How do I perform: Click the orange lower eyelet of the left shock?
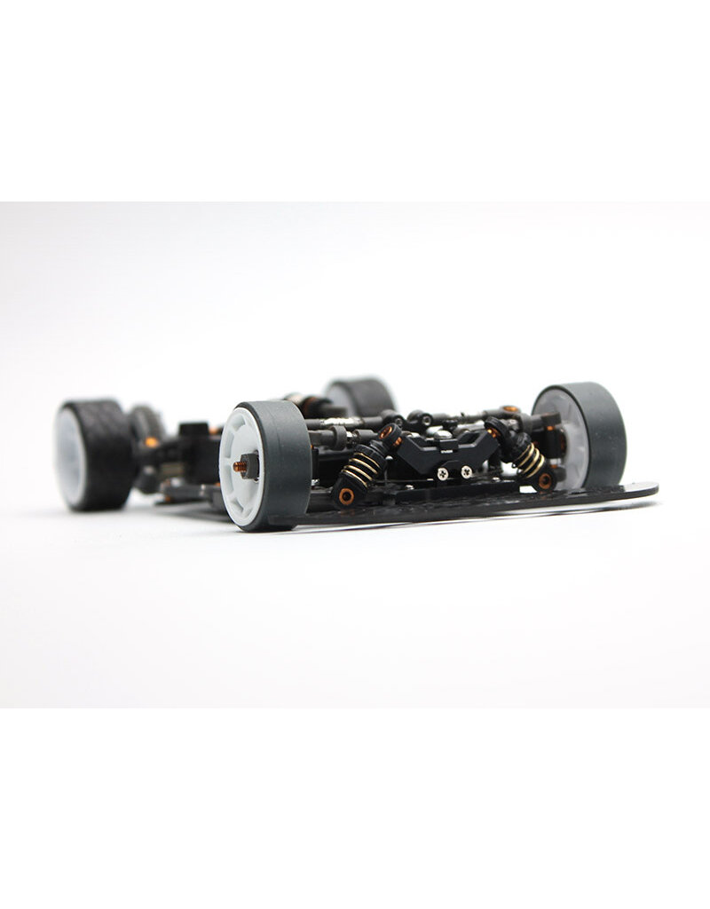coord(346,495)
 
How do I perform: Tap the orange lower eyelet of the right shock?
coord(545,480)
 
